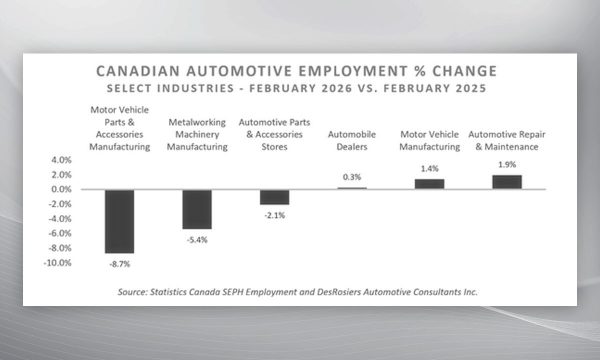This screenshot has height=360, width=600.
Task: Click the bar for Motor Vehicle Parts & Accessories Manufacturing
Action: [x=120, y=221]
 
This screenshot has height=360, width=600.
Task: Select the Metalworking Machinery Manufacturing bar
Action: [x=197, y=209]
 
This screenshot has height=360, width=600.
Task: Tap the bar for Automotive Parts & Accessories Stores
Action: [x=274, y=197]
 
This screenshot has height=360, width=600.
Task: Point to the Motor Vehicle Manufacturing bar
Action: [x=429, y=184]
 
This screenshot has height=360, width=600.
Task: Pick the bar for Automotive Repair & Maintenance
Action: [x=507, y=182]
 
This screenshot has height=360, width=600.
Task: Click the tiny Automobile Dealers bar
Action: [x=352, y=188]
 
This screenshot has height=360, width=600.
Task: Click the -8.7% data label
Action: [x=120, y=264]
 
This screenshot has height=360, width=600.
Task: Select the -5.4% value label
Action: [x=197, y=240]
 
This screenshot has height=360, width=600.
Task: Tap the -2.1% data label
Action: [x=274, y=215]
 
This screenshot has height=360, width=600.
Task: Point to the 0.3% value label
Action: [x=352, y=177]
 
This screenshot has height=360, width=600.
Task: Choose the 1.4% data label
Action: [x=430, y=169]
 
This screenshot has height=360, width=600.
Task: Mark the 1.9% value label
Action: [x=507, y=165]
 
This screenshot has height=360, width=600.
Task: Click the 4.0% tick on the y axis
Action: [x=62, y=160]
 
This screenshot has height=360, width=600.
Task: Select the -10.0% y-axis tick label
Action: [x=57, y=263]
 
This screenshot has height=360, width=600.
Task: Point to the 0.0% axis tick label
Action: [x=62, y=189]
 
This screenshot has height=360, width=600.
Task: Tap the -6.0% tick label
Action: [x=60, y=233]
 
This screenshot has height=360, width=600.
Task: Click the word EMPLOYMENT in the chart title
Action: [x=353, y=71]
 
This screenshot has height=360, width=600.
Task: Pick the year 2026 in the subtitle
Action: [x=337, y=88]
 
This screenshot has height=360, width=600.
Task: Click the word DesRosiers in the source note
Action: [x=339, y=292]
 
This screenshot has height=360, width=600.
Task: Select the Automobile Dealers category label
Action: [x=352, y=140]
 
